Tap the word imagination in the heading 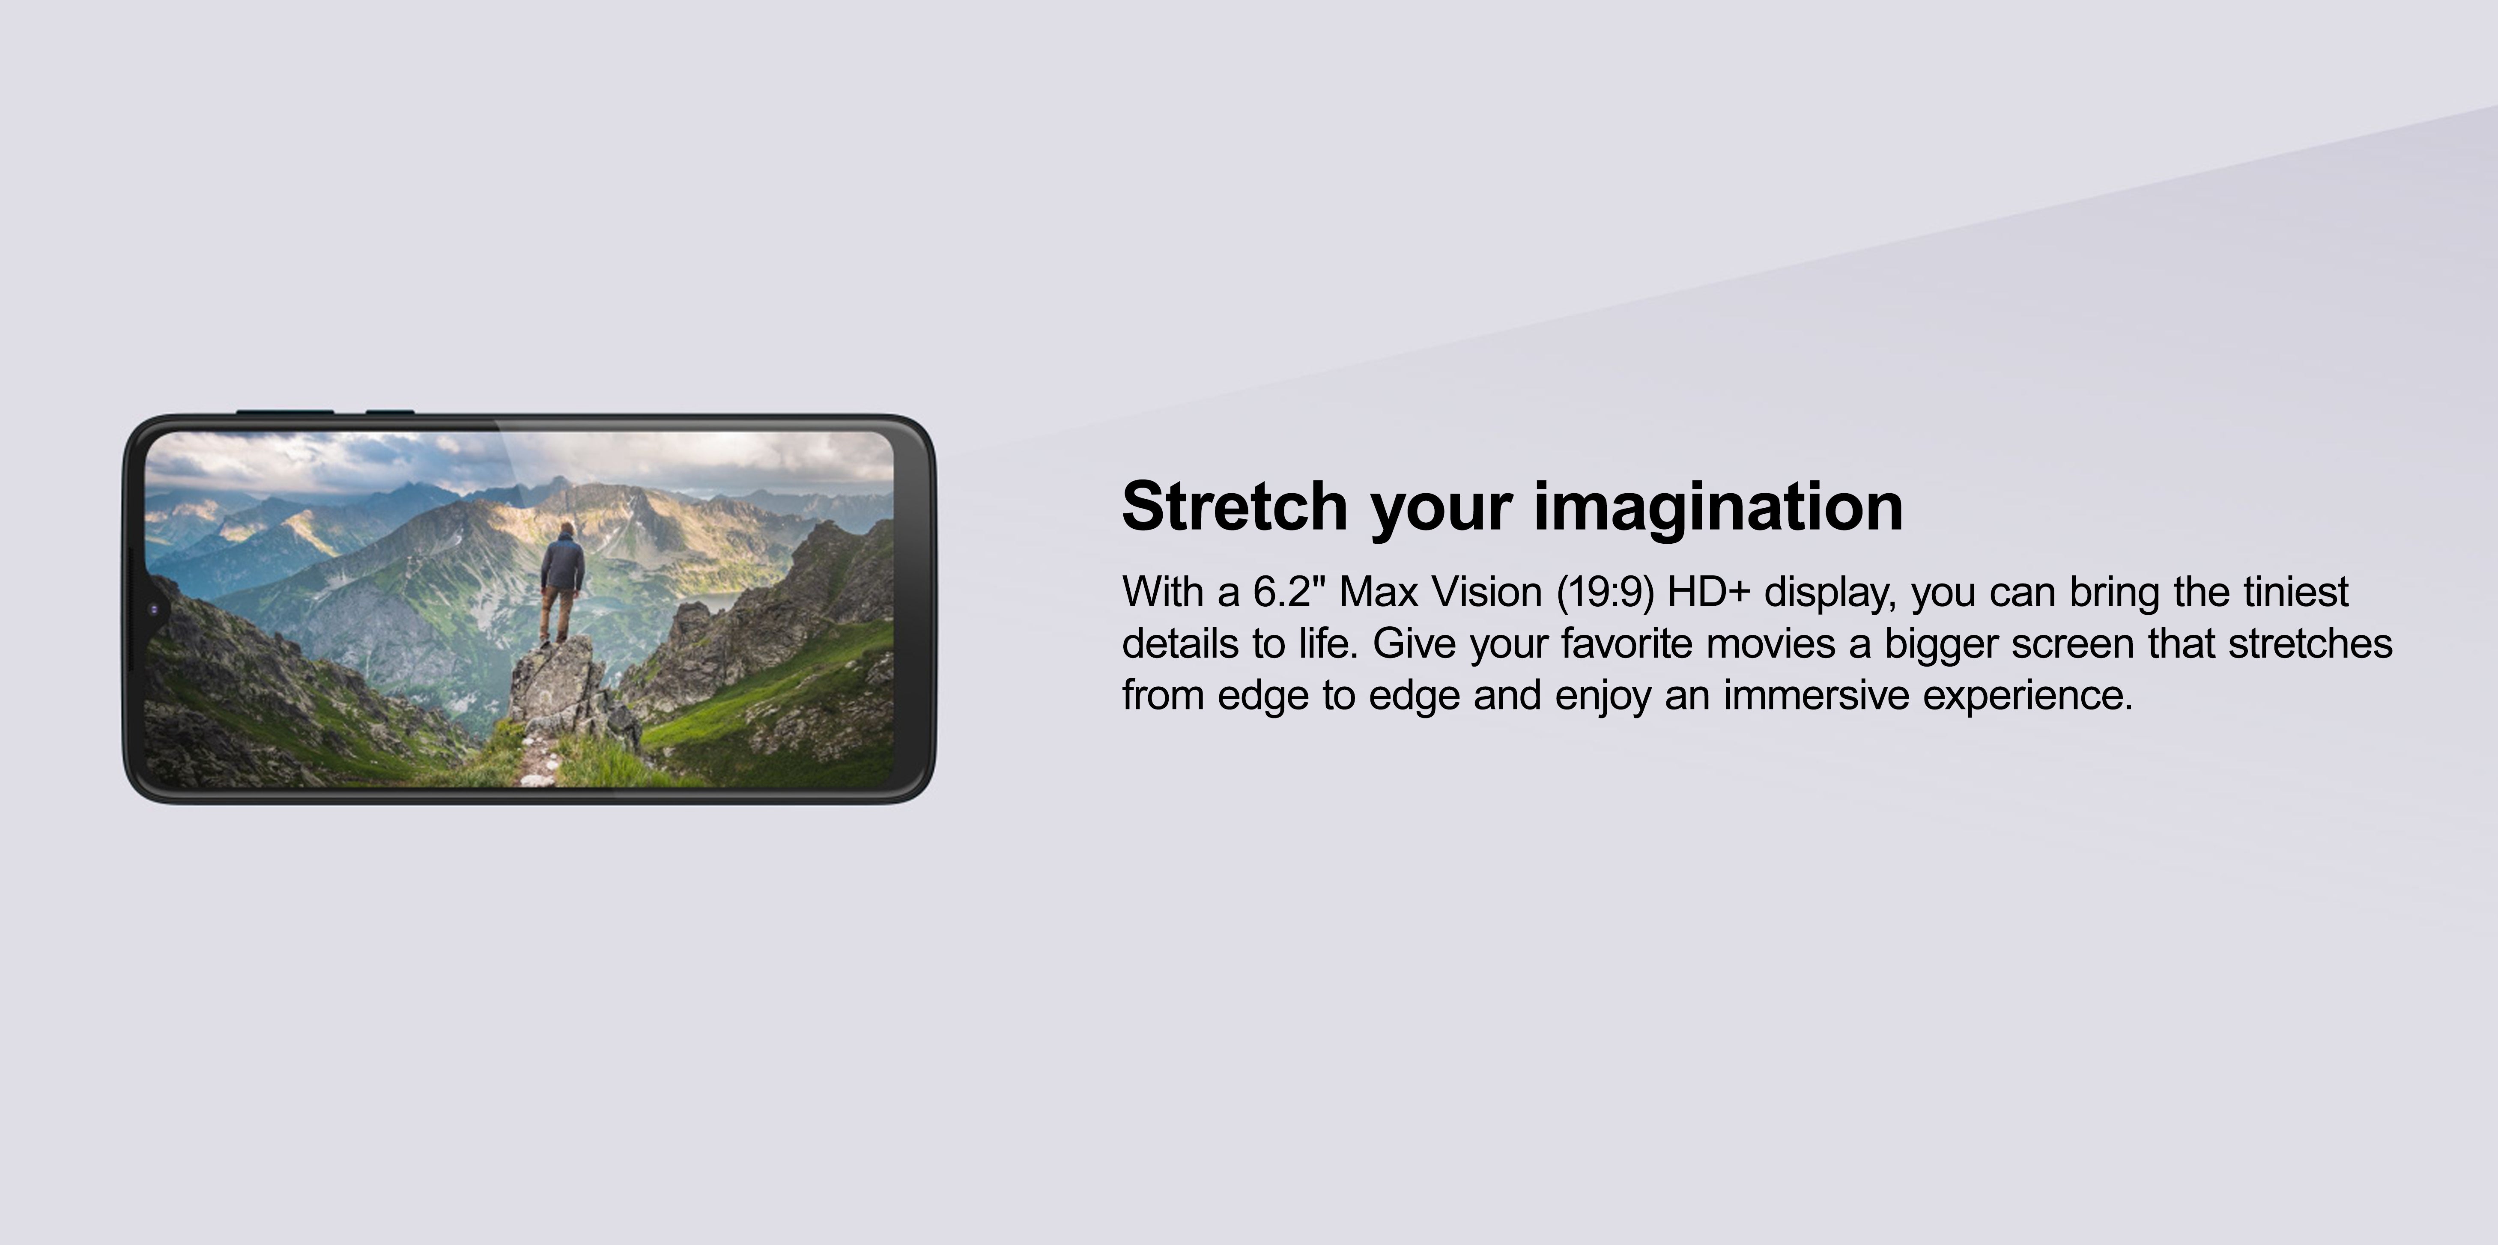pos(1719,506)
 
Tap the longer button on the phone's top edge pos(285,412)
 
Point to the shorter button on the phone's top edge pos(390,412)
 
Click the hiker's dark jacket pos(562,564)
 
